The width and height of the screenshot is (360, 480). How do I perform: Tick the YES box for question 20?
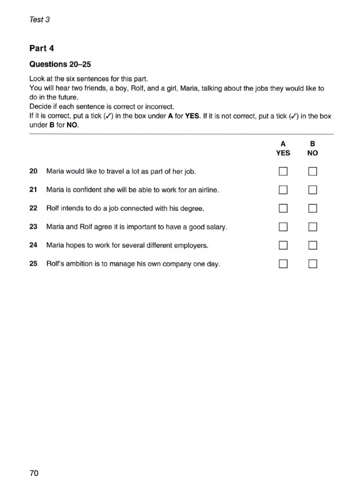click(283, 172)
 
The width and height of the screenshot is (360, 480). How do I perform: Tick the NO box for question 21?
click(313, 190)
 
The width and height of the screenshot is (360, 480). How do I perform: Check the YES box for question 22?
click(283, 208)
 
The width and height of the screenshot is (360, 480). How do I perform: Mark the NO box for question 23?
click(313, 227)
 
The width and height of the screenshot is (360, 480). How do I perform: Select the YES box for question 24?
click(283, 245)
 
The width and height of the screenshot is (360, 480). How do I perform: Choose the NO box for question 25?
click(313, 264)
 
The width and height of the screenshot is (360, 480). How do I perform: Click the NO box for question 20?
click(313, 172)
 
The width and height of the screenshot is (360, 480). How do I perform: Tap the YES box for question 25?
click(283, 264)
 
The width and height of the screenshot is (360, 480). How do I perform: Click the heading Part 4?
click(42, 48)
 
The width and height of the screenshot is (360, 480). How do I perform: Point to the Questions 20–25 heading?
click(60, 64)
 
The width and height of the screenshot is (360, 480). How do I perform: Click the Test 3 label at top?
click(39, 19)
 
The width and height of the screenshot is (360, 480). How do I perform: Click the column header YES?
click(283, 153)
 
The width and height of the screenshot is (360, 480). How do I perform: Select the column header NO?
click(312, 153)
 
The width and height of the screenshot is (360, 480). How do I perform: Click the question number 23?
click(33, 227)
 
